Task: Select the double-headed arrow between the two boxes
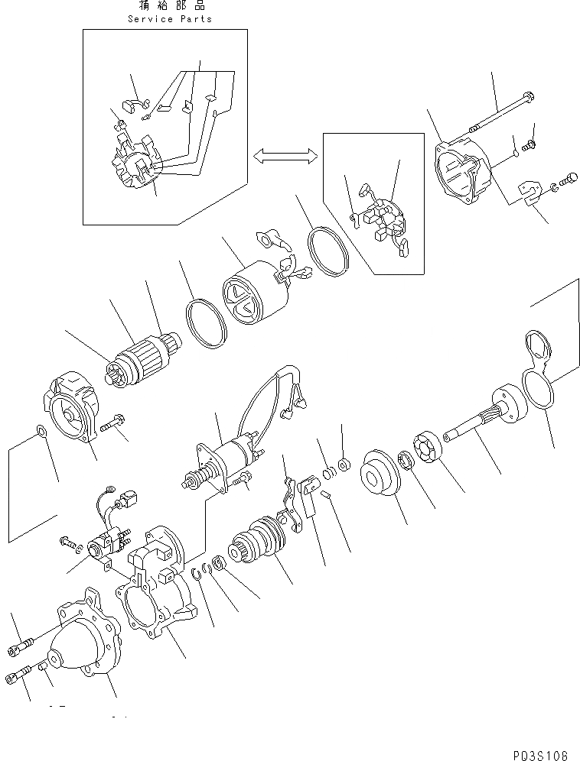(285, 156)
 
